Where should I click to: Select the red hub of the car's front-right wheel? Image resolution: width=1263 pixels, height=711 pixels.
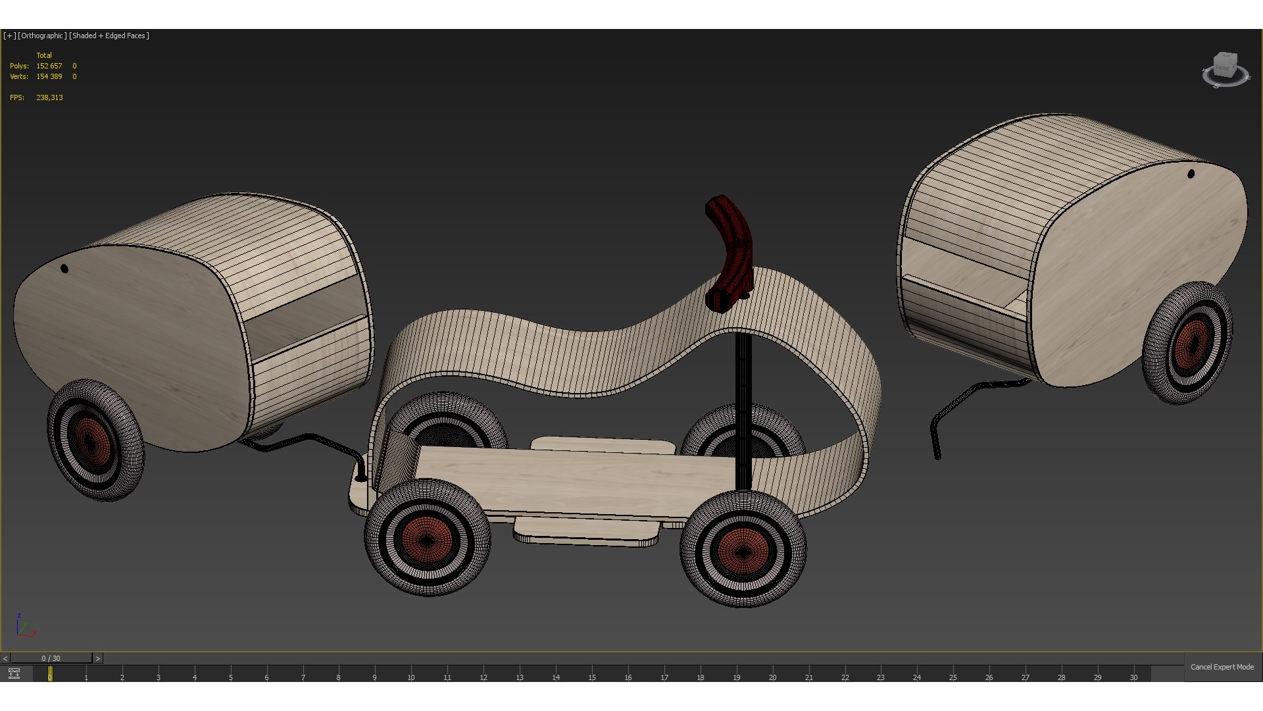click(743, 550)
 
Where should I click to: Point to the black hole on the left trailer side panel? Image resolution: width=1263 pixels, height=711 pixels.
click(64, 269)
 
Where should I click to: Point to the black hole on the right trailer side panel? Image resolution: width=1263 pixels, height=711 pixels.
click(1191, 174)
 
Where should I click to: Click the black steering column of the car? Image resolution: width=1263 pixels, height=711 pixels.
click(743, 408)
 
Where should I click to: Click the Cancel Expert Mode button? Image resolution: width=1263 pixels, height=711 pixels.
click(1222, 667)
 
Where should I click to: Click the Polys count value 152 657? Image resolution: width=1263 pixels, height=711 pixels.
click(49, 66)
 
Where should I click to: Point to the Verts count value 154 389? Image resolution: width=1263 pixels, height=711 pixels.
click(49, 76)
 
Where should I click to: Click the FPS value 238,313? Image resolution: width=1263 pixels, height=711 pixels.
click(49, 97)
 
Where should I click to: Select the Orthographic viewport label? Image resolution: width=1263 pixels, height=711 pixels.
click(43, 36)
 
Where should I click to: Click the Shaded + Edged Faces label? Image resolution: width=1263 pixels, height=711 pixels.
click(109, 36)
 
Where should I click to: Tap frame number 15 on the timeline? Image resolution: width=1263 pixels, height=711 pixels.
click(592, 677)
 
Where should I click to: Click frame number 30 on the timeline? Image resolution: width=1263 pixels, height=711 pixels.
click(1133, 677)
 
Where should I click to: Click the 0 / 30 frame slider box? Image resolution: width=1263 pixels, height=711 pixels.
click(51, 658)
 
